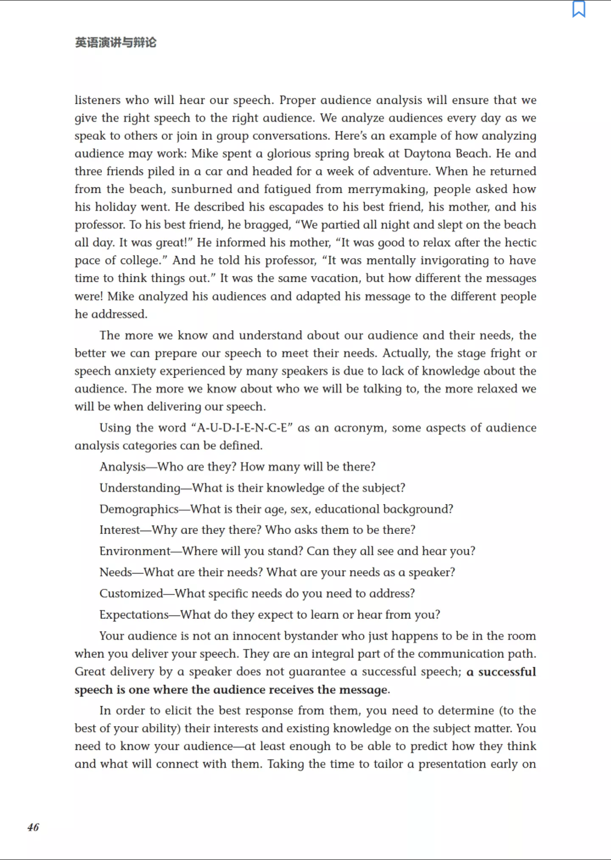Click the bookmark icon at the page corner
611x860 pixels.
click(578, 9)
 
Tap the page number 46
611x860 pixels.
click(33, 827)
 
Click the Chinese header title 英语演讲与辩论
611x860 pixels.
click(116, 42)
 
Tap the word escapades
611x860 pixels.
click(294, 207)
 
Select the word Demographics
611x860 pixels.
click(139, 509)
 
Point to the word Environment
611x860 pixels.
click(135, 551)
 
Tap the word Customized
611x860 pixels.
click(131, 594)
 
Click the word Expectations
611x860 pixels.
click(134, 615)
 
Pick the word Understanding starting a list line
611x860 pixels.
click(140, 488)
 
